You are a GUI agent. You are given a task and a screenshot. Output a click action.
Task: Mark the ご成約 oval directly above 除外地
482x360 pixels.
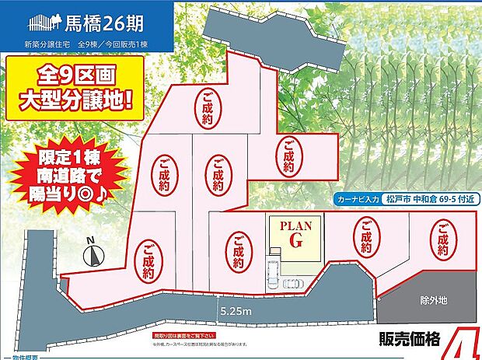point(442,242)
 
